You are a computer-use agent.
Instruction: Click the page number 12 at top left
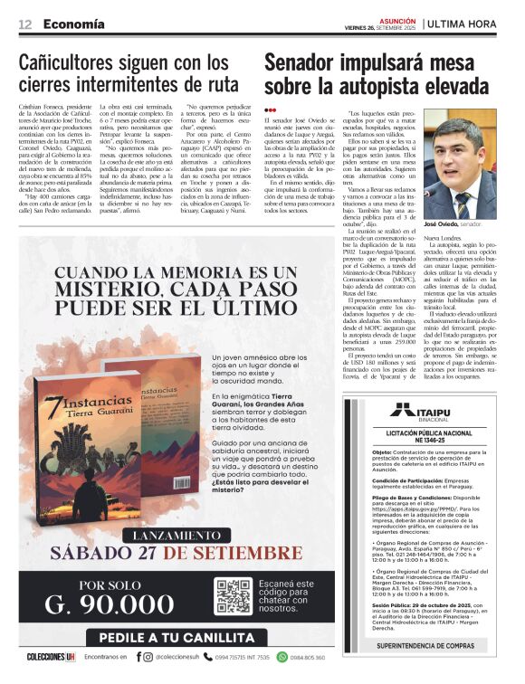pyautogui.click(x=25, y=24)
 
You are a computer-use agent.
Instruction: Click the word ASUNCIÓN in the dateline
pyautogui.click(x=398, y=18)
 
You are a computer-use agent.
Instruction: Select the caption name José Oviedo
pyautogui.click(x=465, y=222)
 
